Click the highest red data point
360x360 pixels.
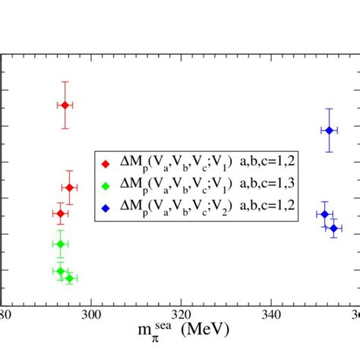click(x=65, y=105)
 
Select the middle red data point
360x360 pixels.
click(x=69, y=188)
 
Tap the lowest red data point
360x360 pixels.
click(x=60, y=213)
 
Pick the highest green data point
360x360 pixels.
click(x=60, y=244)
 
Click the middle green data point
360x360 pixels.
click(x=60, y=271)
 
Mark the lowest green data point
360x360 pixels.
click(x=69, y=278)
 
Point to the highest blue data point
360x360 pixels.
click(x=329, y=130)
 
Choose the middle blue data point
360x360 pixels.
click(x=324, y=213)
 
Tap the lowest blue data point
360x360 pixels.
click(x=333, y=228)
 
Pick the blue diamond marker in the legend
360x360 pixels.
click(x=105, y=206)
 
